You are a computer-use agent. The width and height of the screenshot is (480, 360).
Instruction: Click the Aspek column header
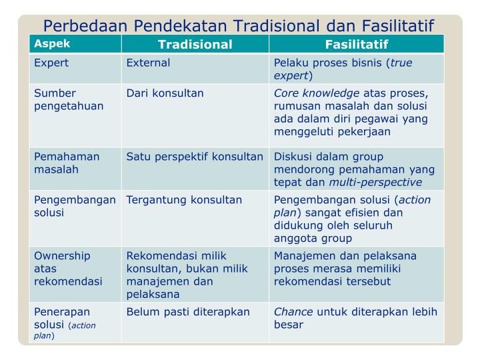[x=52, y=44]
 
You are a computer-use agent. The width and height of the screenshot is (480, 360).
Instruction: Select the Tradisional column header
[x=195, y=45]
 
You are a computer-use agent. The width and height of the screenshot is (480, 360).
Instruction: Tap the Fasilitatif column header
[x=357, y=45]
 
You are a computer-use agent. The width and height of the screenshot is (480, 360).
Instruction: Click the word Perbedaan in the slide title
[x=85, y=26]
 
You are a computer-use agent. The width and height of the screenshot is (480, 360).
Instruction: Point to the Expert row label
[x=51, y=63]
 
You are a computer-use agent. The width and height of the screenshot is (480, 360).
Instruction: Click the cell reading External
[x=148, y=63]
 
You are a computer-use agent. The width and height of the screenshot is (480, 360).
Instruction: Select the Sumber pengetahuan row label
[x=69, y=100]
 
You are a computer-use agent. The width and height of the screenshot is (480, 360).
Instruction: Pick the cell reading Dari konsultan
[x=165, y=93]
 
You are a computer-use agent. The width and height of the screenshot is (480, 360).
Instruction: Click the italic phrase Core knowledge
[x=317, y=93]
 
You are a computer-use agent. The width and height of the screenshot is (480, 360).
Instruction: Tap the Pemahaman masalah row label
[x=67, y=163]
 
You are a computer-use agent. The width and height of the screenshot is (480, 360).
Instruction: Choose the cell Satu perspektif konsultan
[x=195, y=157]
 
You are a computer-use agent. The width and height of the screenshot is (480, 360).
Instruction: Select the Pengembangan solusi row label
[x=75, y=206]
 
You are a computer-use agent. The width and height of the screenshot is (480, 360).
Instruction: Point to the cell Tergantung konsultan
[x=184, y=200]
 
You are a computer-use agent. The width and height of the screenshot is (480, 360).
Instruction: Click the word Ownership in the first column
[x=62, y=256]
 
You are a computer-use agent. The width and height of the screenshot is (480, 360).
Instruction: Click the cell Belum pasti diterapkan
[x=188, y=312]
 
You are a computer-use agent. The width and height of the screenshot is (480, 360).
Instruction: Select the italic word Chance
[x=293, y=312]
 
